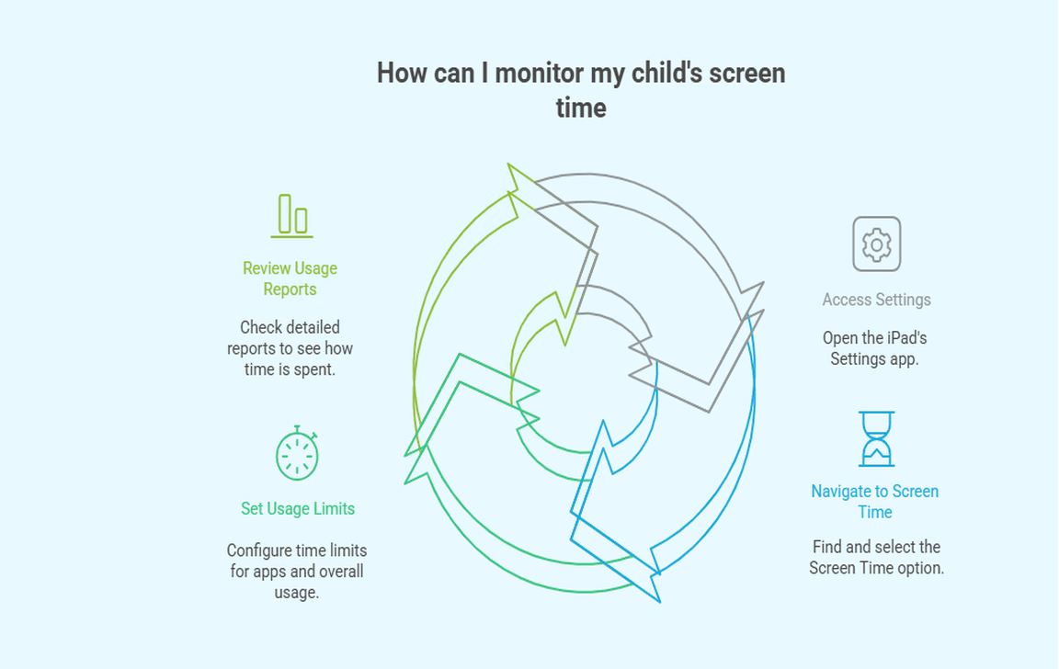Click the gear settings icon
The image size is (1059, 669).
(876, 244)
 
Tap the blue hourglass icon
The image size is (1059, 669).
(877, 438)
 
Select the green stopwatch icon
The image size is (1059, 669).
(297, 453)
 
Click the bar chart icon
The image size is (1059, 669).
(291, 216)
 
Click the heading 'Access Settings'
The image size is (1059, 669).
(876, 299)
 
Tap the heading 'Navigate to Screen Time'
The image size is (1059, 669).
(874, 502)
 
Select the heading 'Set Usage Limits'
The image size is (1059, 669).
(298, 508)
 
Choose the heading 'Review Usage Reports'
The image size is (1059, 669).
(290, 278)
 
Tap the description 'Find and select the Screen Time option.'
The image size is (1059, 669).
(876, 557)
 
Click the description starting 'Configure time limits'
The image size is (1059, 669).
(297, 571)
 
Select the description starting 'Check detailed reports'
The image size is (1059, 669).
(290, 348)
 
